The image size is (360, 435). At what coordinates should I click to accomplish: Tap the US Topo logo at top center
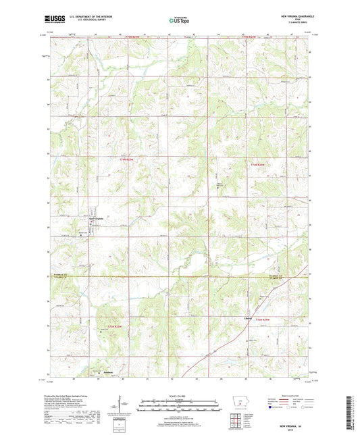tap(179, 21)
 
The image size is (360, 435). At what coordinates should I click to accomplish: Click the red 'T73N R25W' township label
tap(116, 327)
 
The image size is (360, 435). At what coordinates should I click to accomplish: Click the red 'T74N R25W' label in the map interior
tap(126, 159)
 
